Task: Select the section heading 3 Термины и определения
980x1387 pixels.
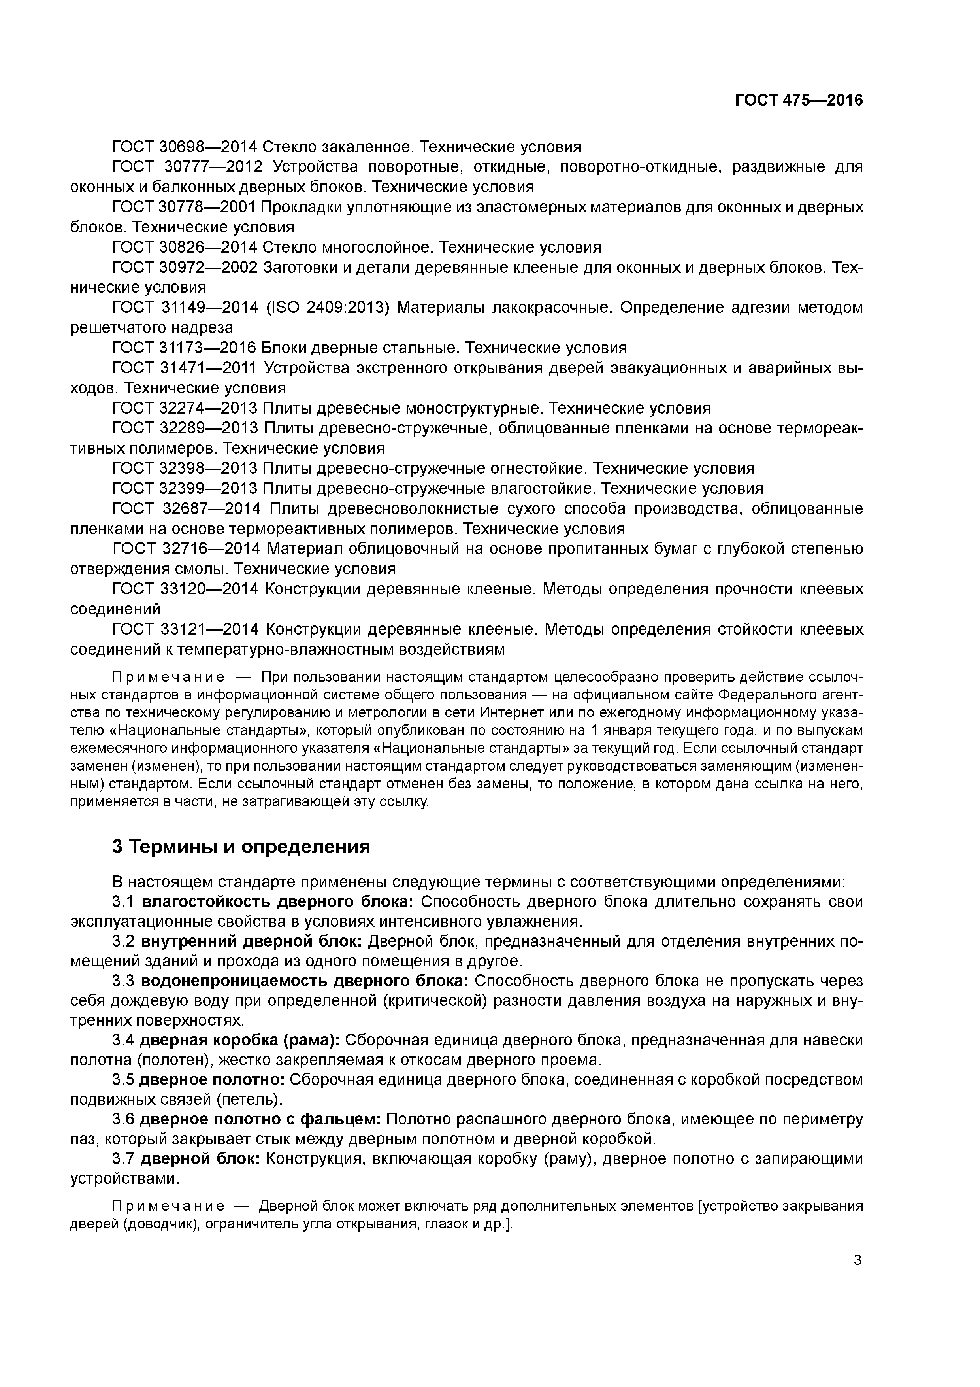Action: pos(241,847)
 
